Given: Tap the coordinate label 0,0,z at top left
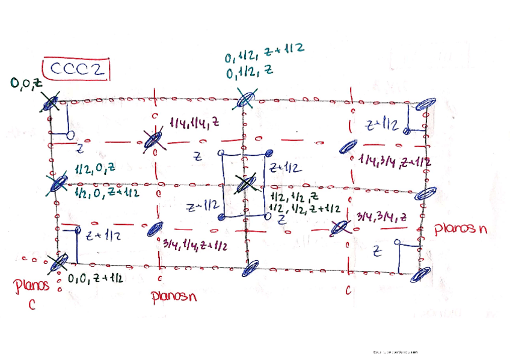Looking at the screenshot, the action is click(x=26, y=84).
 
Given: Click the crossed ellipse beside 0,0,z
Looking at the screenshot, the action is click(x=51, y=103).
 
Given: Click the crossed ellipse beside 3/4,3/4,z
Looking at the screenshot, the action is click(x=340, y=228).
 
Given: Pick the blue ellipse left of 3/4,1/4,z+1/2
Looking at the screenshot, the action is click(x=155, y=229).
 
